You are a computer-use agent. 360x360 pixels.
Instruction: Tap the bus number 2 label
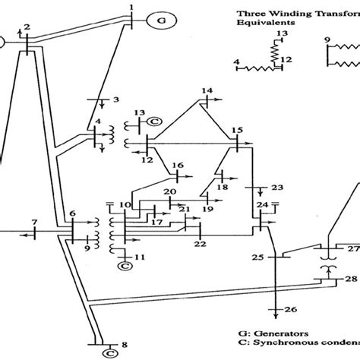[27, 27]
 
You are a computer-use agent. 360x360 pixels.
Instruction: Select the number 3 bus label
[115, 99]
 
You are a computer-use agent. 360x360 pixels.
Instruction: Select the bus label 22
[200, 243]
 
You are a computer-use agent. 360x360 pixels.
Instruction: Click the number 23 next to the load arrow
[276, 187]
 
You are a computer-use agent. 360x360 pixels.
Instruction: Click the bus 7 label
[33, 221]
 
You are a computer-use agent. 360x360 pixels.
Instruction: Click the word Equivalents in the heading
[263, 22]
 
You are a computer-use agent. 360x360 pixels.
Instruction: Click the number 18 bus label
[223, 187]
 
